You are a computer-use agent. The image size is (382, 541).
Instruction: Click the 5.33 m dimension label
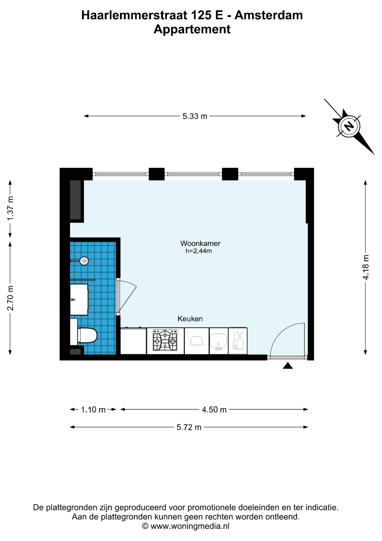coord(195,116)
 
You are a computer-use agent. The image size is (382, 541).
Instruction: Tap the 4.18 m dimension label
coord(366,267)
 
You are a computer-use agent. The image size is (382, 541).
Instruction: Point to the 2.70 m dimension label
coord(10,298)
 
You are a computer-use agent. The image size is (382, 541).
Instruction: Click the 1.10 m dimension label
coord(93,410)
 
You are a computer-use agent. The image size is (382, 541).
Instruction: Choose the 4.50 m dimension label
coord(214,410)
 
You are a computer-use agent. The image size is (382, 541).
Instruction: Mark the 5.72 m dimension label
coord(189,427)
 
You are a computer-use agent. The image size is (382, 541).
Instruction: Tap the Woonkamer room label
coord(200,243)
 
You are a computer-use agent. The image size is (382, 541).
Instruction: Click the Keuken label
coord(190,319)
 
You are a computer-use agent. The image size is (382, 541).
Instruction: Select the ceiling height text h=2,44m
coord(199,251)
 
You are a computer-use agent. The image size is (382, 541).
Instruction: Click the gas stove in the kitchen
coord(165,340)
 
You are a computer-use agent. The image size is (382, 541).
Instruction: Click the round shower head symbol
coord(84,261)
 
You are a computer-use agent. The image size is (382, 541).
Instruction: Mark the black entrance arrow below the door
coord(288,366)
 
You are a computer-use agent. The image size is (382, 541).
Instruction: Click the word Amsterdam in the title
coord(269,15)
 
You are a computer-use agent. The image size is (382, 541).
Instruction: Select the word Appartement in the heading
coord(192,29)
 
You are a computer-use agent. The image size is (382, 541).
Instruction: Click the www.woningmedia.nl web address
coord(190,526)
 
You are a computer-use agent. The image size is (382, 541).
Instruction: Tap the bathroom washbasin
coord(79,300)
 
